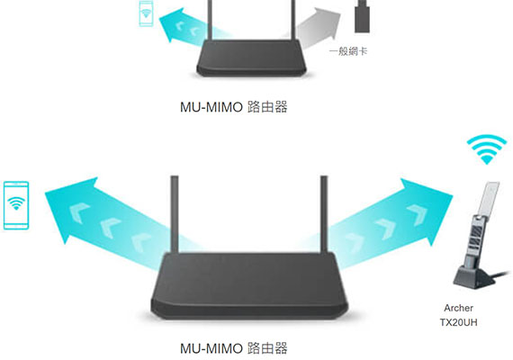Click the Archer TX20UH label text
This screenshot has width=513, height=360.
458,315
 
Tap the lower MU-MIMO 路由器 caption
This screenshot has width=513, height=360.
234,348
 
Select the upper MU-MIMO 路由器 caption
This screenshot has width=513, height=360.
234,107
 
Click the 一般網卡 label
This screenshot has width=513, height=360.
348,51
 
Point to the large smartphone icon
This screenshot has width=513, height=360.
16,205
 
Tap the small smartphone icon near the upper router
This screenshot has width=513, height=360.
146,13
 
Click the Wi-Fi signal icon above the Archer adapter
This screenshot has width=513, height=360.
487,148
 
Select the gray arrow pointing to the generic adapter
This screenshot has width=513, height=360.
316,26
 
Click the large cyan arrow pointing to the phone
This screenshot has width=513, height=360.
108,222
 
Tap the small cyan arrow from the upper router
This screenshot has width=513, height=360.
190,26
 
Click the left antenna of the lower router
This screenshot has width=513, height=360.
175,214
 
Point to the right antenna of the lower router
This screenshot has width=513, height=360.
324,214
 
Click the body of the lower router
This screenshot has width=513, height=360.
249,285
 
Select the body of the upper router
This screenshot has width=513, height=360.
251,58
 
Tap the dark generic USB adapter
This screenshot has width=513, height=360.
362,16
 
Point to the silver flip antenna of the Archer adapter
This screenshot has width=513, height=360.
489,199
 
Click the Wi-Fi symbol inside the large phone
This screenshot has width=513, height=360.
16,203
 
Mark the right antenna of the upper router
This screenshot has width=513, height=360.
293,20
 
